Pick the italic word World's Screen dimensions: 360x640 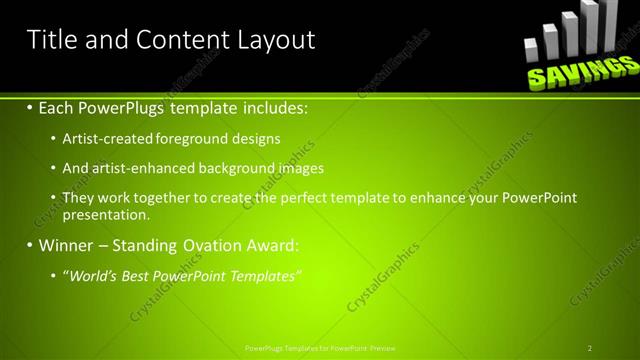(95, 275)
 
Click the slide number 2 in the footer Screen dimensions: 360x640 (590, 348)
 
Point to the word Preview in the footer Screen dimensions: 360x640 (382, 348)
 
